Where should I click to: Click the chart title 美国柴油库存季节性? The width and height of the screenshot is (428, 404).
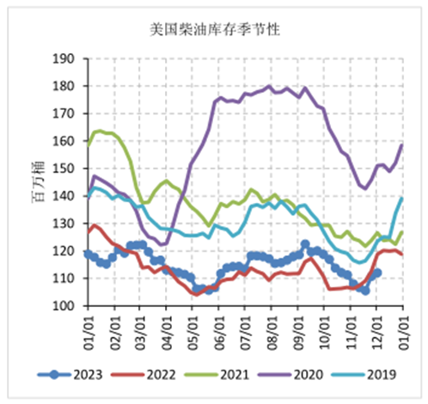215,31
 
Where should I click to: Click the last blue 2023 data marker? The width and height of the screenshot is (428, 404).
377,272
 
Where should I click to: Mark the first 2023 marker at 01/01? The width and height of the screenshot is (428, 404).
88,253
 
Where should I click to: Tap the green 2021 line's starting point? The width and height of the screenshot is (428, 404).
88,144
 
